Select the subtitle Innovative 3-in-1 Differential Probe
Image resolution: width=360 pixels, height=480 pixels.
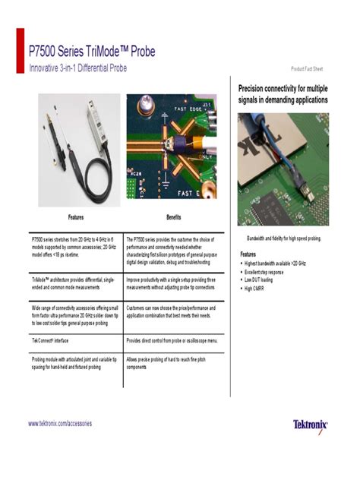tap(78, 68)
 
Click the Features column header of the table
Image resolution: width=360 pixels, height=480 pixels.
tap(75, 216)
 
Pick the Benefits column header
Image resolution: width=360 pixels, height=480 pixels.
tap(173, 216)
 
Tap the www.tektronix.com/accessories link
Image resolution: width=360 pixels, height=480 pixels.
tap(60, 423)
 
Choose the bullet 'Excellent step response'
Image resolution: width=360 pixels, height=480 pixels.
tap(264, 272)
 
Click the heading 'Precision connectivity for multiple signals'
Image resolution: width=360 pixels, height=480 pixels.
tap(283, 94)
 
